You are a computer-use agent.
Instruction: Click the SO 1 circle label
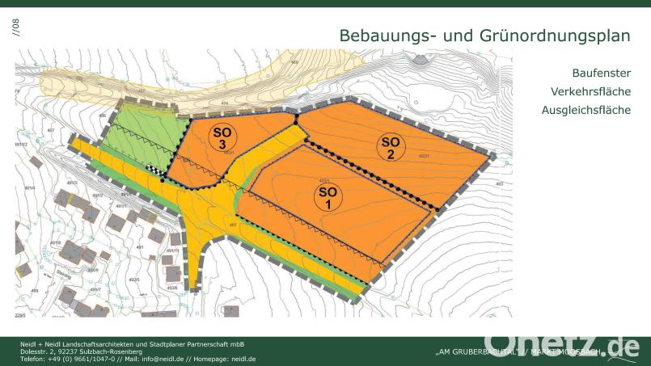coord(328,197)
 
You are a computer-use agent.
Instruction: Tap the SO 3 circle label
coord(220,137)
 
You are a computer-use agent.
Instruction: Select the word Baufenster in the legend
coord(601,73)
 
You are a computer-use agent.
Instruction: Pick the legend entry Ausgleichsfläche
coord(586,110)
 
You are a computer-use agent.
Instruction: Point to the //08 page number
coord(14,27)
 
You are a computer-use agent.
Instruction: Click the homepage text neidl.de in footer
coord(243,359)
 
